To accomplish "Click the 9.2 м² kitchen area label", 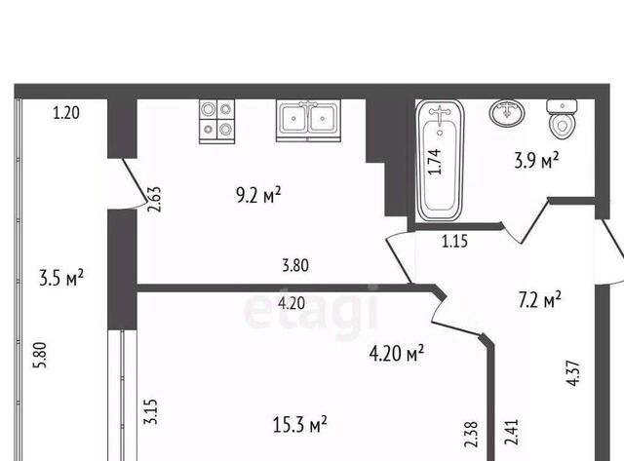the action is (x=258, y=195).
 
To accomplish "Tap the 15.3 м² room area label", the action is (x=300, y=424).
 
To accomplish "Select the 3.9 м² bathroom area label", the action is (x=536, y=161).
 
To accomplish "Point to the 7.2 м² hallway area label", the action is (x=540, y=299).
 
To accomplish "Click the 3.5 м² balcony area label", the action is (x=61, y=277).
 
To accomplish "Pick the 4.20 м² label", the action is (x=397, y=353).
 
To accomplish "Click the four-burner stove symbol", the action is (x=216, y=121).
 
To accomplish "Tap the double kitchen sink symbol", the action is (x=308, y=121).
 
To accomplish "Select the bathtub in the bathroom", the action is (x=440, y=160).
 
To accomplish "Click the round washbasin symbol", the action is (x=507, y=113).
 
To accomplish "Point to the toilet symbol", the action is (x=562, y=119).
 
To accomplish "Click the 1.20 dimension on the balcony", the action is (x=66, y=113).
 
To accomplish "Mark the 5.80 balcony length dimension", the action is (x=41, y=355).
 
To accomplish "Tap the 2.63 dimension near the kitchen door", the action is (x=154, y=199).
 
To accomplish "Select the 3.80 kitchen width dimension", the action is (x=295, y=265).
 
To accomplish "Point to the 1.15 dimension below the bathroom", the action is (x=454, y=241).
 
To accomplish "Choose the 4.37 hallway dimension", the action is (x=573, y=373).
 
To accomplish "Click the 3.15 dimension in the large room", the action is (x=151, y=411).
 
